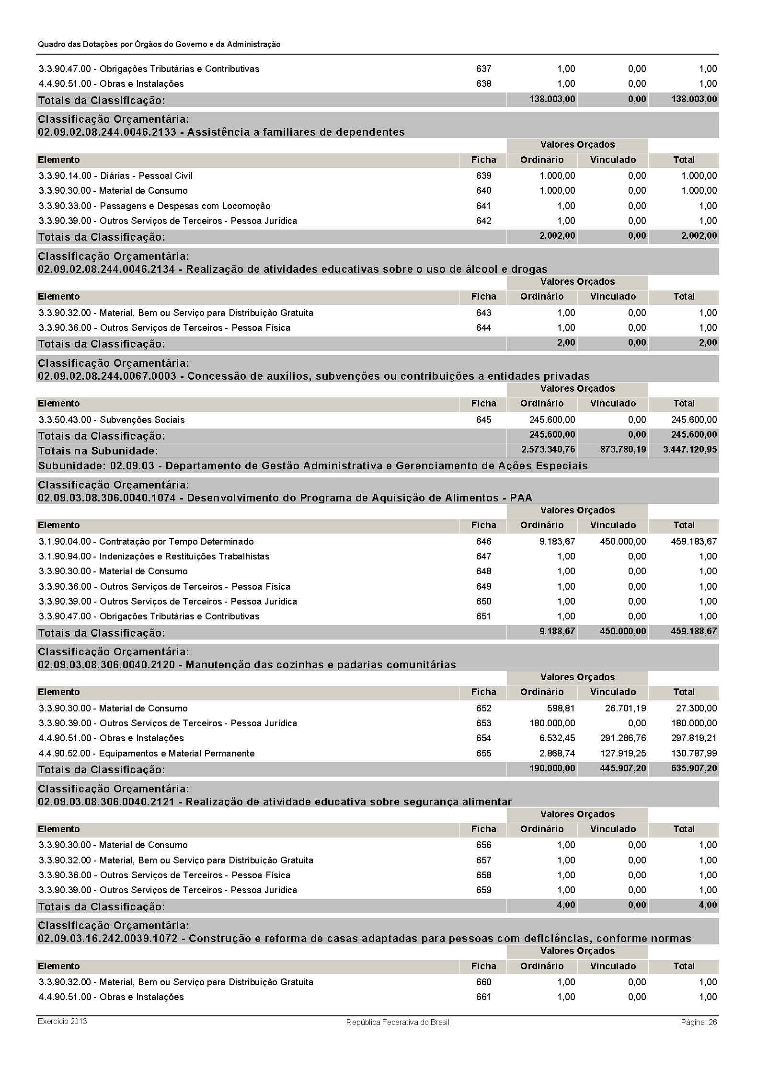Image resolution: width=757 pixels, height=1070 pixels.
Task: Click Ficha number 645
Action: click(x=483, y=419)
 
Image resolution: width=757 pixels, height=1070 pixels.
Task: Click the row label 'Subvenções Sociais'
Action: click(x=142, y=419)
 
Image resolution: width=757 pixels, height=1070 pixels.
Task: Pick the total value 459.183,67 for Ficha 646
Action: click(x=694, y=541)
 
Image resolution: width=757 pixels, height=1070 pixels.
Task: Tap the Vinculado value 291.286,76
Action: click(x=623, y=738)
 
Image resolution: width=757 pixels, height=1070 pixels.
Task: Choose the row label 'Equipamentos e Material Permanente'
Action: click(x=177, y=753)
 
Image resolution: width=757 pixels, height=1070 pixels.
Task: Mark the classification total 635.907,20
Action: click(x=694, y=768)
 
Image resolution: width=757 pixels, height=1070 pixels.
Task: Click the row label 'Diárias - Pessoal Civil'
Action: click(x=146, y=175)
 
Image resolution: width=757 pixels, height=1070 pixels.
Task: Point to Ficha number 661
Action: click(x=483, y=997)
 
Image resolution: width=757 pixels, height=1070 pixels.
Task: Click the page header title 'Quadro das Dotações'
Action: click(x=159, y=44)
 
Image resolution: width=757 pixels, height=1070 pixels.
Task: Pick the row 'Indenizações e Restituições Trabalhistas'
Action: click(x=184, y=556)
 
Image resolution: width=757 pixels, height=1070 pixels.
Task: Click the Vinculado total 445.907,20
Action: click(x=623, y=768)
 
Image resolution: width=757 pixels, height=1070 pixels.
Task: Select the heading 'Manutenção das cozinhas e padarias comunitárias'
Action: click(x=321, y=665)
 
